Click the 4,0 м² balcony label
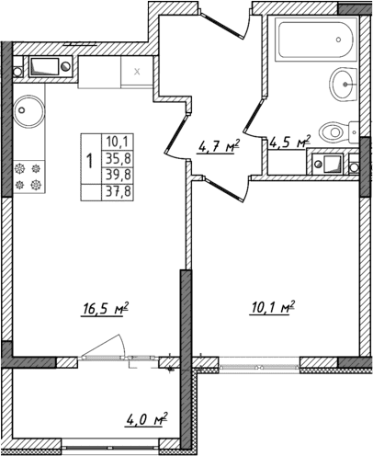[x=144, y=422]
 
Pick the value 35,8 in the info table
[x=118, y=157]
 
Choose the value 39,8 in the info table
[x=118, y=174]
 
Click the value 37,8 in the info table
[x=118, y=190]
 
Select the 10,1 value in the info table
[x=118, y=141]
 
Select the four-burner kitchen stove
[x=28, y=176]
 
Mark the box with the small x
[x=137, y=70]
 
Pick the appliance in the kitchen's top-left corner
[x=45, y=65]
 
